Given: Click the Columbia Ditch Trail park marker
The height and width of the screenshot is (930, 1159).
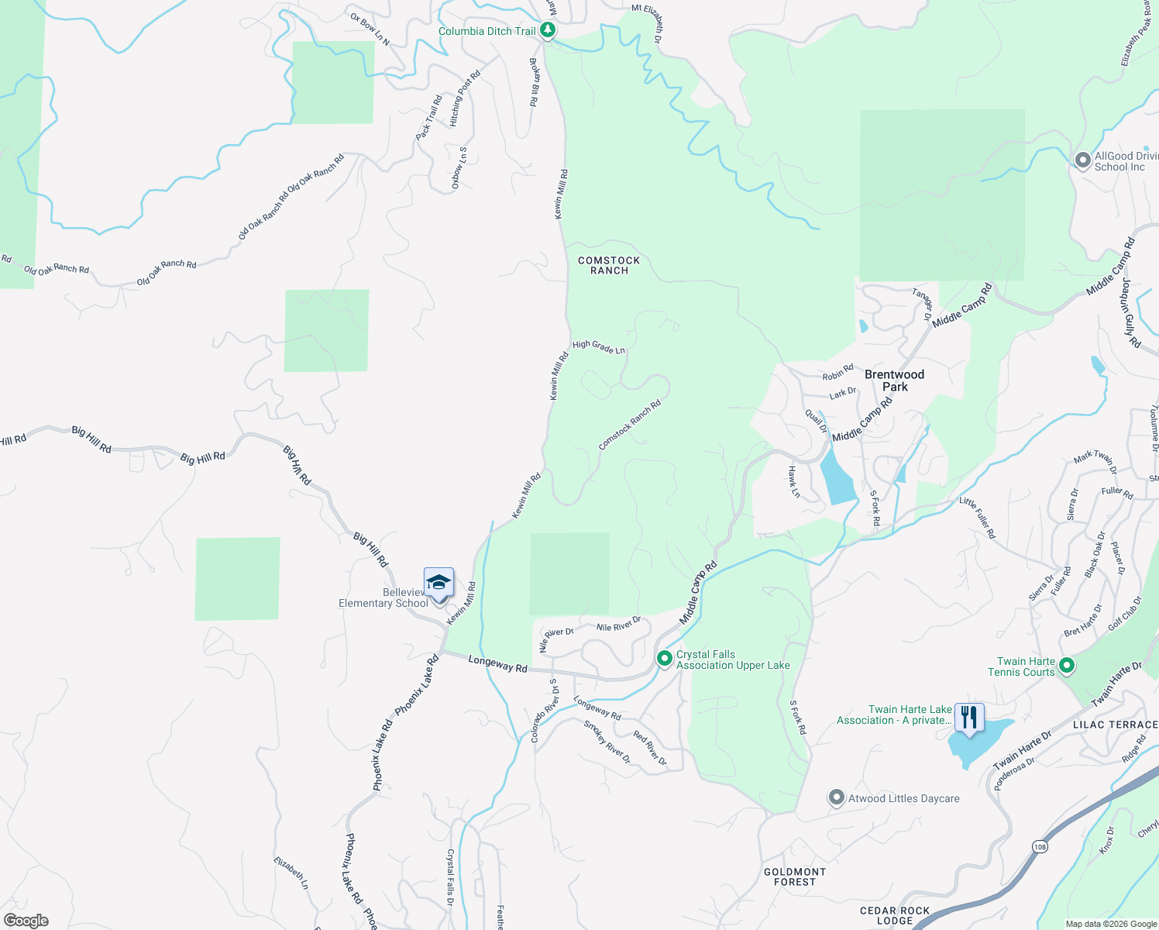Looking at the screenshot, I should [x=548, y=30].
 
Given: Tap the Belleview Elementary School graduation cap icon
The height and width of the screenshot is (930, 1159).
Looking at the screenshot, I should [x=438, y=583].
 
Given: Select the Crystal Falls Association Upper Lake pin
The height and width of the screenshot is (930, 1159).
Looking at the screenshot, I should [x=664, y=659].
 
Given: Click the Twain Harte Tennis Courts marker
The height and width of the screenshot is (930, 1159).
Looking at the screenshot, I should [x=1066, y=665].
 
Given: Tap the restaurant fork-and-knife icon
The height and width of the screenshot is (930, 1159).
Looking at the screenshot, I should [x=968, y=718].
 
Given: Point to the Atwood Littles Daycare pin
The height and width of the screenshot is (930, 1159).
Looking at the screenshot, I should [x=836, y=797].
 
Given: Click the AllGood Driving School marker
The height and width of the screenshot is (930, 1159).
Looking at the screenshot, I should [x=1082, y=160].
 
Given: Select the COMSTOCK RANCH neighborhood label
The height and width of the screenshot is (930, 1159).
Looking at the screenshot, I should [x=609, y=265].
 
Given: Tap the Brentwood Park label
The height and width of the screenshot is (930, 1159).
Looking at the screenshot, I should [x=894, y=380].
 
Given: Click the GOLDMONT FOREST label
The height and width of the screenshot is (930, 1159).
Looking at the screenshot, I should [x=795, y=877].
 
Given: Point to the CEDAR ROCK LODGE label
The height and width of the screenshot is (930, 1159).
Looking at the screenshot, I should [x=895, y=915].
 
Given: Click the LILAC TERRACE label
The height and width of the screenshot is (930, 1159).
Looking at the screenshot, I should [x=1115, y=725].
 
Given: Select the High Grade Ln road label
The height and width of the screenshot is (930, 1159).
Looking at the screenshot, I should [x=598, y=346].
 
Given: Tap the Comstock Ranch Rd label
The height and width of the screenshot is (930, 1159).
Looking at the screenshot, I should [x=630, y=424].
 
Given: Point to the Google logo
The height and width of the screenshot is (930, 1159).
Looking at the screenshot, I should [x=26, y=920].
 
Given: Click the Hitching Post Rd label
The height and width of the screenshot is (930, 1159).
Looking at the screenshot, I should [x=465, y=98].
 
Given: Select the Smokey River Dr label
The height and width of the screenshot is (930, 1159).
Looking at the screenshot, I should [x=607, y=742].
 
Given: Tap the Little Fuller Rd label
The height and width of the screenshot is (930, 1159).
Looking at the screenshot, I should [x=977, y=518].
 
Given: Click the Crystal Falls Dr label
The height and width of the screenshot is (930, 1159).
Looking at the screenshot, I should [x=450, y=877].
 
